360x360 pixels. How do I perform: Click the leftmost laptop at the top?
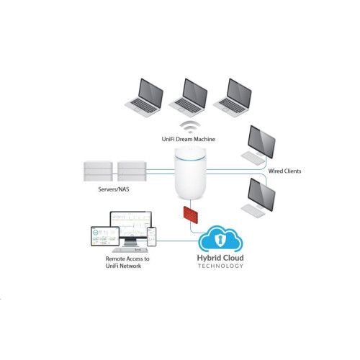pyautogui.click(x=144, y=98)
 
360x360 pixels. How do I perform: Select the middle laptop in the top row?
pyautogui.click(x=188, y=98)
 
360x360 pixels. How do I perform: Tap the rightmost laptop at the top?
pyautogui.click(x=233, y=98)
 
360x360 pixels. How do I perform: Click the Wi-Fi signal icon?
pyautogui.click(x=190, y=127)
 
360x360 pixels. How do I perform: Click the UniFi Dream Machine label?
pyautogui.click(x=189, y=139)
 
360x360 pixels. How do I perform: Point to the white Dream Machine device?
pyautogui.click(x=190, y=172)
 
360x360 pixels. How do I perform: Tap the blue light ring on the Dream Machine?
pyautogui.click(x=190, y=158)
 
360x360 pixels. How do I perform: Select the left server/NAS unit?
pyautogui.click(x=98, y=171)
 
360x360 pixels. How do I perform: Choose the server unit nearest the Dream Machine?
pyautogui.click(x=132, y=171)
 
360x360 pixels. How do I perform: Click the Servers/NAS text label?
pyautogui.click(x=114, y=189)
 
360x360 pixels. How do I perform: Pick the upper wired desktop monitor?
pyautogui.click(x=261, y=142)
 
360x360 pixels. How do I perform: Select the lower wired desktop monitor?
pyautogui.click(x=261, y=195)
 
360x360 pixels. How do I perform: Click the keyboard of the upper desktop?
pyautogui.click(x=253, y=158)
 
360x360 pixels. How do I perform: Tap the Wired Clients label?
pyautogui.click(x=284, y=171)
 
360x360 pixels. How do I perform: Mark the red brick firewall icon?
pyautogui.click(x=191, y=215)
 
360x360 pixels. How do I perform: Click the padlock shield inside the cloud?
pyautogui.click(x=218, y=240)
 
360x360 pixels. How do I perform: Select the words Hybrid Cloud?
pyautogui.click(x=220, y=258)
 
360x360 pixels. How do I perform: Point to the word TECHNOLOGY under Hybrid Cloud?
pyautogui.click(x=220, y=266)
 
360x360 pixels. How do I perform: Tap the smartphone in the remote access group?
pyautogui.click(x=152, y=237)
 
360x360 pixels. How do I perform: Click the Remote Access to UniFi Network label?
pyautogui.click(x=127, y=262)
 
